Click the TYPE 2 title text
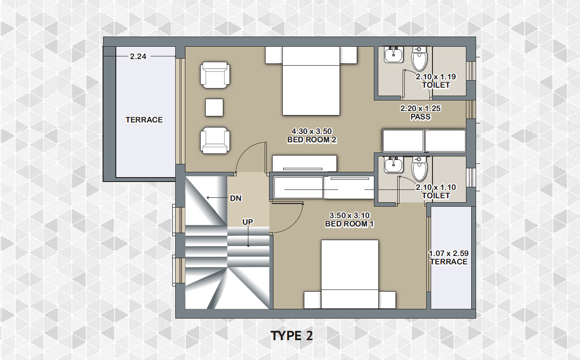[x=292, y=336]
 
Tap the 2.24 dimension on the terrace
[x=138, y=56]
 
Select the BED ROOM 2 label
[x=312, y=140]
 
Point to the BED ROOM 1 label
[x=349, y=224]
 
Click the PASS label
[x=421, y=117]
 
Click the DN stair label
[x=236, y=198]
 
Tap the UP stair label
[x=248, y=222]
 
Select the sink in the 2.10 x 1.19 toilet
[x=394, y=55]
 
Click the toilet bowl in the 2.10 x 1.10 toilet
[x=419, y=169]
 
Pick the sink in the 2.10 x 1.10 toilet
[x=394, y=165]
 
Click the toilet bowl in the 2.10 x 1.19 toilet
[x=419, y=59]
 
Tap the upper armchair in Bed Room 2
[x=215, y=75]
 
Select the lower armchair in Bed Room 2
[x=215, y=141]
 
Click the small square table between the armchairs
[x=214, y=107]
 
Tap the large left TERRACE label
[x=144, y=120]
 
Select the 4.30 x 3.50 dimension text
[x=312, y=131]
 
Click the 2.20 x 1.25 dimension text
[x=421, y=108]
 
